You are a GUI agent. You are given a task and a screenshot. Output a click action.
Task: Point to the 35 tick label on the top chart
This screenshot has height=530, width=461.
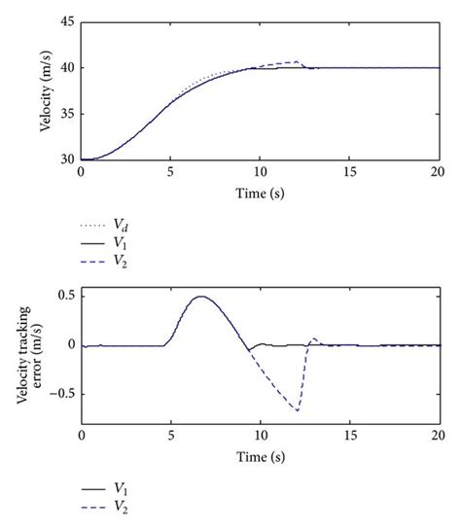click(x=66, y=114)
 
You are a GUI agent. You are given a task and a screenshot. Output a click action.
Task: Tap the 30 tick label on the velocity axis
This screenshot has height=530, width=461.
click(x=66, y=159)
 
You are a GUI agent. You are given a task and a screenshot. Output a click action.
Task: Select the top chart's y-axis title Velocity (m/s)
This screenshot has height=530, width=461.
click(x=46, y=91)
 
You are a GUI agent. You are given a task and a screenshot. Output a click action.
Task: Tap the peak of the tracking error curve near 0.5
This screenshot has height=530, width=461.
click(x=201, y=297)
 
